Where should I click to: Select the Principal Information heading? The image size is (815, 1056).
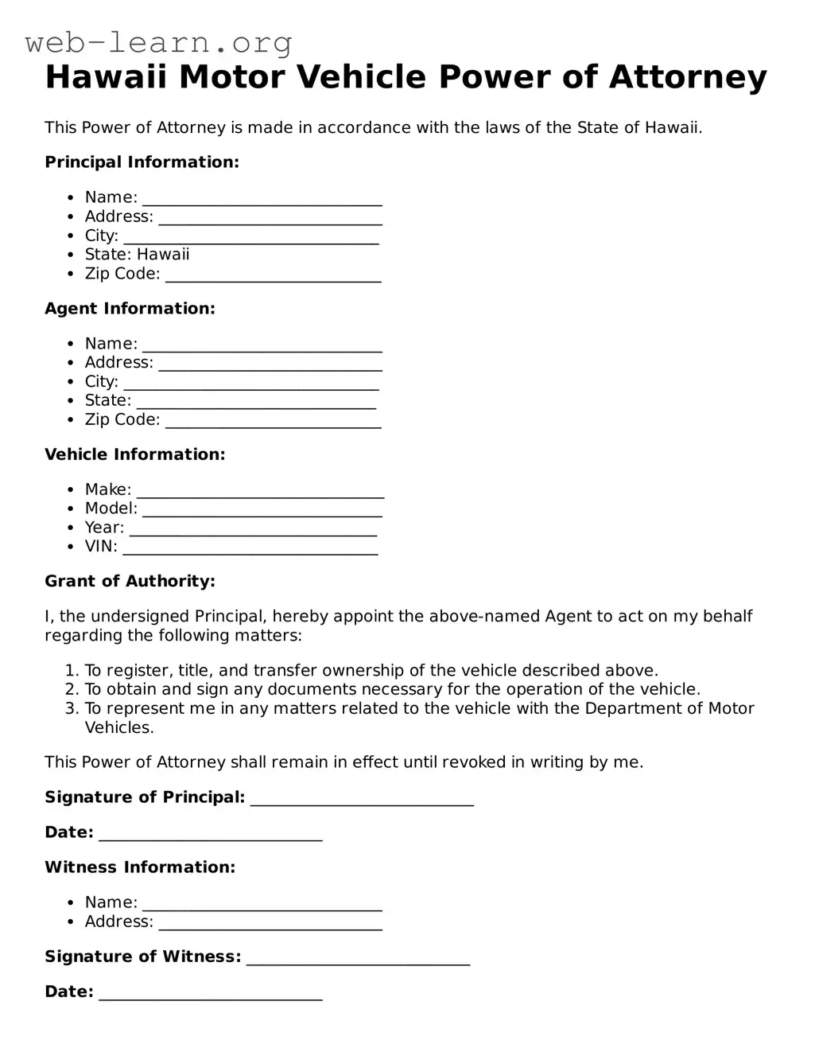(142, 162)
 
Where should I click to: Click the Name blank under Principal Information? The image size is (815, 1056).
(262, 199)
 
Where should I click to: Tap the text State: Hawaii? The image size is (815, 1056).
(137, 255)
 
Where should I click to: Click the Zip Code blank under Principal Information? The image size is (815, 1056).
(273, 275)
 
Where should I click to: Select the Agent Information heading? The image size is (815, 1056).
(130, 309)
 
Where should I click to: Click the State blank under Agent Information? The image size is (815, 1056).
(256, 402)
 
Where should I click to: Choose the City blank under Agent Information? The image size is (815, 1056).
(251, 383)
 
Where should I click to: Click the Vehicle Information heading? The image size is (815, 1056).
(134, 454)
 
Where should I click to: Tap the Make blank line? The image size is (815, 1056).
(260, 491)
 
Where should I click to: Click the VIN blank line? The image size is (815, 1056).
(250, 548)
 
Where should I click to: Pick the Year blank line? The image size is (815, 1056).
(253, 529)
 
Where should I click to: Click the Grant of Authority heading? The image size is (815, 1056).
(130, 581)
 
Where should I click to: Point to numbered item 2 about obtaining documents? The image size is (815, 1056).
(392, 689)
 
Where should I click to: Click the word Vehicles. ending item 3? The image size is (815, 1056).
(119, 727)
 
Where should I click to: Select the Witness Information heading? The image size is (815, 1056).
(140, 867)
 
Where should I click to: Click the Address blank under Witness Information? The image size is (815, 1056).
(270, 923)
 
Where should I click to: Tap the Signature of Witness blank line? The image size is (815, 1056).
(358, 958)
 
